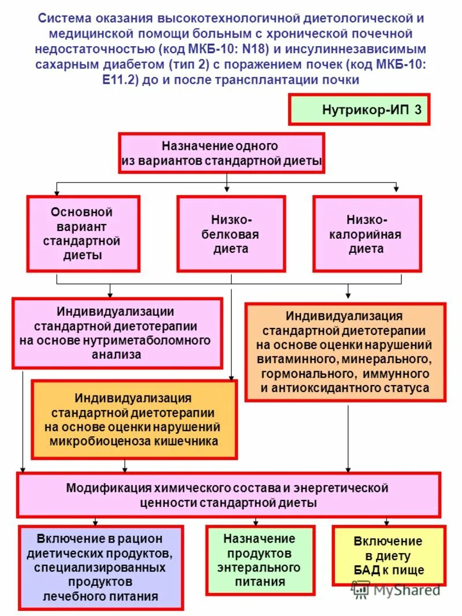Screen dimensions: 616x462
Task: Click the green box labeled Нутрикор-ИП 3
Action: coord(359,110)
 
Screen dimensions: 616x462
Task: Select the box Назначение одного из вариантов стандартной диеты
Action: coord(222,153)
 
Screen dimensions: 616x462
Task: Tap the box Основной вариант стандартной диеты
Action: coord(83,233)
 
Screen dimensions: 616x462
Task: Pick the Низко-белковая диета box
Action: coord(231,234)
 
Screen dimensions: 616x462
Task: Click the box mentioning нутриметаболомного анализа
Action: coord(117,333)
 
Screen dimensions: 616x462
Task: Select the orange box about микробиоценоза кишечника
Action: coord(133,420)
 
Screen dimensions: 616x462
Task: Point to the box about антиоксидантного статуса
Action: coord(345,352)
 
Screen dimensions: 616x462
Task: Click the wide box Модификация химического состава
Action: coord(228,495)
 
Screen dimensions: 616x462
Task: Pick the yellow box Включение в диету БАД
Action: coord(388,555)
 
